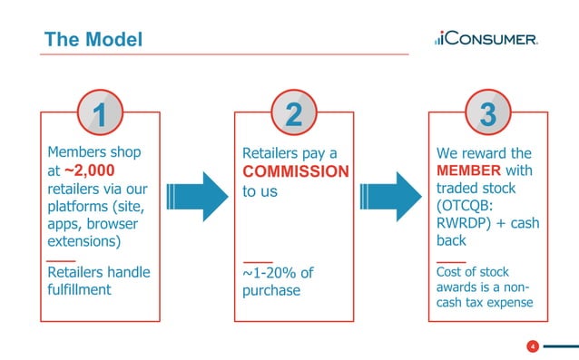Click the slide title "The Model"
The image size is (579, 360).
point(93,40)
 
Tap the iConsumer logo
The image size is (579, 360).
point(486,39)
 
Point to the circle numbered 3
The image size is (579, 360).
point(487,115)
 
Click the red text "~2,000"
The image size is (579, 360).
point(87,170)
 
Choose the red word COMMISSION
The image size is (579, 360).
point(295,171)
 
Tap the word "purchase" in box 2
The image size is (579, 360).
point(270,290)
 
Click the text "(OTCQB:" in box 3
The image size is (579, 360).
point(468,206)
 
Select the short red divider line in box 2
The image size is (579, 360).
point(257,260)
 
